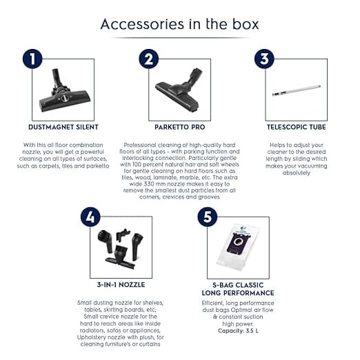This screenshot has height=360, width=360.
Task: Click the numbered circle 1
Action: (32, 59)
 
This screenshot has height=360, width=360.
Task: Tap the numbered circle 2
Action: (149, 59)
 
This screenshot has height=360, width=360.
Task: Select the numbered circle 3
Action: (264, 59)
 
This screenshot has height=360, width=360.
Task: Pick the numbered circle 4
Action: (90, 217)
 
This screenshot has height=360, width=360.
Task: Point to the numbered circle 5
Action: (208, 217)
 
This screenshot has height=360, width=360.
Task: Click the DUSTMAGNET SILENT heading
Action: (63, 127)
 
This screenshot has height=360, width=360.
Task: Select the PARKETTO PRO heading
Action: (180, 127)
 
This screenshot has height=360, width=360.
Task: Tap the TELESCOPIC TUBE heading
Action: (297, 127)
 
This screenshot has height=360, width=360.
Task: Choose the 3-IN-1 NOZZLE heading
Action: (121, 285)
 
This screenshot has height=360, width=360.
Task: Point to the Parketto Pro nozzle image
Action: (179, 91)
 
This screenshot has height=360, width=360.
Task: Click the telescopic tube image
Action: (297, 90)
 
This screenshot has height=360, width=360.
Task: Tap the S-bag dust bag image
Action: (239, 247)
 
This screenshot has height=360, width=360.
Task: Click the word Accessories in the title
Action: (142, 24)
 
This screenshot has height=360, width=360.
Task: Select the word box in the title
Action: (246, 24)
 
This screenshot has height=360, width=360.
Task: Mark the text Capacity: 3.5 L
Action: (238, 331)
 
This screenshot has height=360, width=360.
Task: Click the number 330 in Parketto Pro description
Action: (149, 184)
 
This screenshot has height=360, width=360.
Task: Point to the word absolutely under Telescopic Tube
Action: (297, 173)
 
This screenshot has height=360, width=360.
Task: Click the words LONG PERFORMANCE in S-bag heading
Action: (238, 293)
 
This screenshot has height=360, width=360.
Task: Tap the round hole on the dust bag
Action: (239, 242)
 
